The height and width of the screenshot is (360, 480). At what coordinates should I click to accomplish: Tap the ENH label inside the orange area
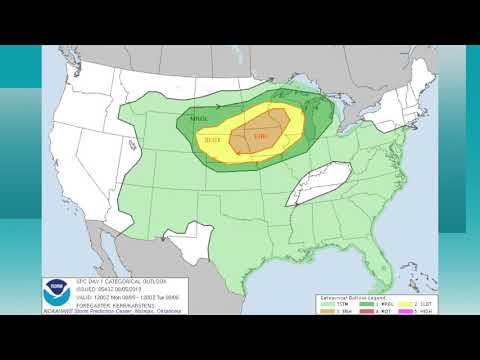point(262,135)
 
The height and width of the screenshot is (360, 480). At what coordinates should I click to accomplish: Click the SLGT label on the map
point(213,141)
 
